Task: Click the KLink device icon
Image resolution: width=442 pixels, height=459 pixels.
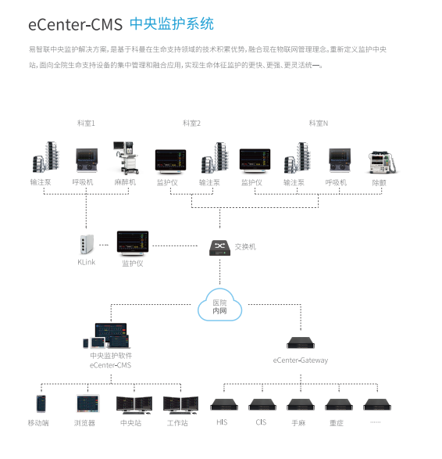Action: pos(87,244)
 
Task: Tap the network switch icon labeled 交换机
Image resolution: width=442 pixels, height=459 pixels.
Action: pos(220,248)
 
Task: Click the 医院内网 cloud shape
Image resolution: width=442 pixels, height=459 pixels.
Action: pos(220,305)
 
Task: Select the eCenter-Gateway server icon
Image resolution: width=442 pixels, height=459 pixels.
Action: pos(301,342)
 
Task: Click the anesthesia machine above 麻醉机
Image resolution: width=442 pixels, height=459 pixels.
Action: pos(126,158)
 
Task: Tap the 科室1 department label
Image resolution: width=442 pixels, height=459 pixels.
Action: pos(86,124)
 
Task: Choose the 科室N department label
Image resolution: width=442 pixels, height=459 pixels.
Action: pos(319,124)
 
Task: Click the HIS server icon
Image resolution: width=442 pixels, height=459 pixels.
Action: pos(224,404)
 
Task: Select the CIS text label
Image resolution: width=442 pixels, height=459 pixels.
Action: pos(261,422)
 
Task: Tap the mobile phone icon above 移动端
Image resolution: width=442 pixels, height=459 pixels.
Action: pos(41,403)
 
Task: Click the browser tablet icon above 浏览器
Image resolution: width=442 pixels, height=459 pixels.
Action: pos(88,403)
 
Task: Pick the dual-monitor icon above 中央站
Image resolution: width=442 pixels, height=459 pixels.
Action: pos(134,405)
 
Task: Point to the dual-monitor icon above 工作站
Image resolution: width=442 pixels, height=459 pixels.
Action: pos(180,405)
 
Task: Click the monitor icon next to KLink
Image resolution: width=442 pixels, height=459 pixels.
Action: pos(133,242)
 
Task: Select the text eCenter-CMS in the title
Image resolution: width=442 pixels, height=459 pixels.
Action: pos(76,24)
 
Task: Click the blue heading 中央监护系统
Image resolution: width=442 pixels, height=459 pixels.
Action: pos(172,23)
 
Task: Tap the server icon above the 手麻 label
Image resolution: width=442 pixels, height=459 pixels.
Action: pos(301,404)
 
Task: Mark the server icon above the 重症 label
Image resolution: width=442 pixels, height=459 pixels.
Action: pos(339,404)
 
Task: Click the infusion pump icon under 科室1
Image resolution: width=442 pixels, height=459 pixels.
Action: pos(46,157)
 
